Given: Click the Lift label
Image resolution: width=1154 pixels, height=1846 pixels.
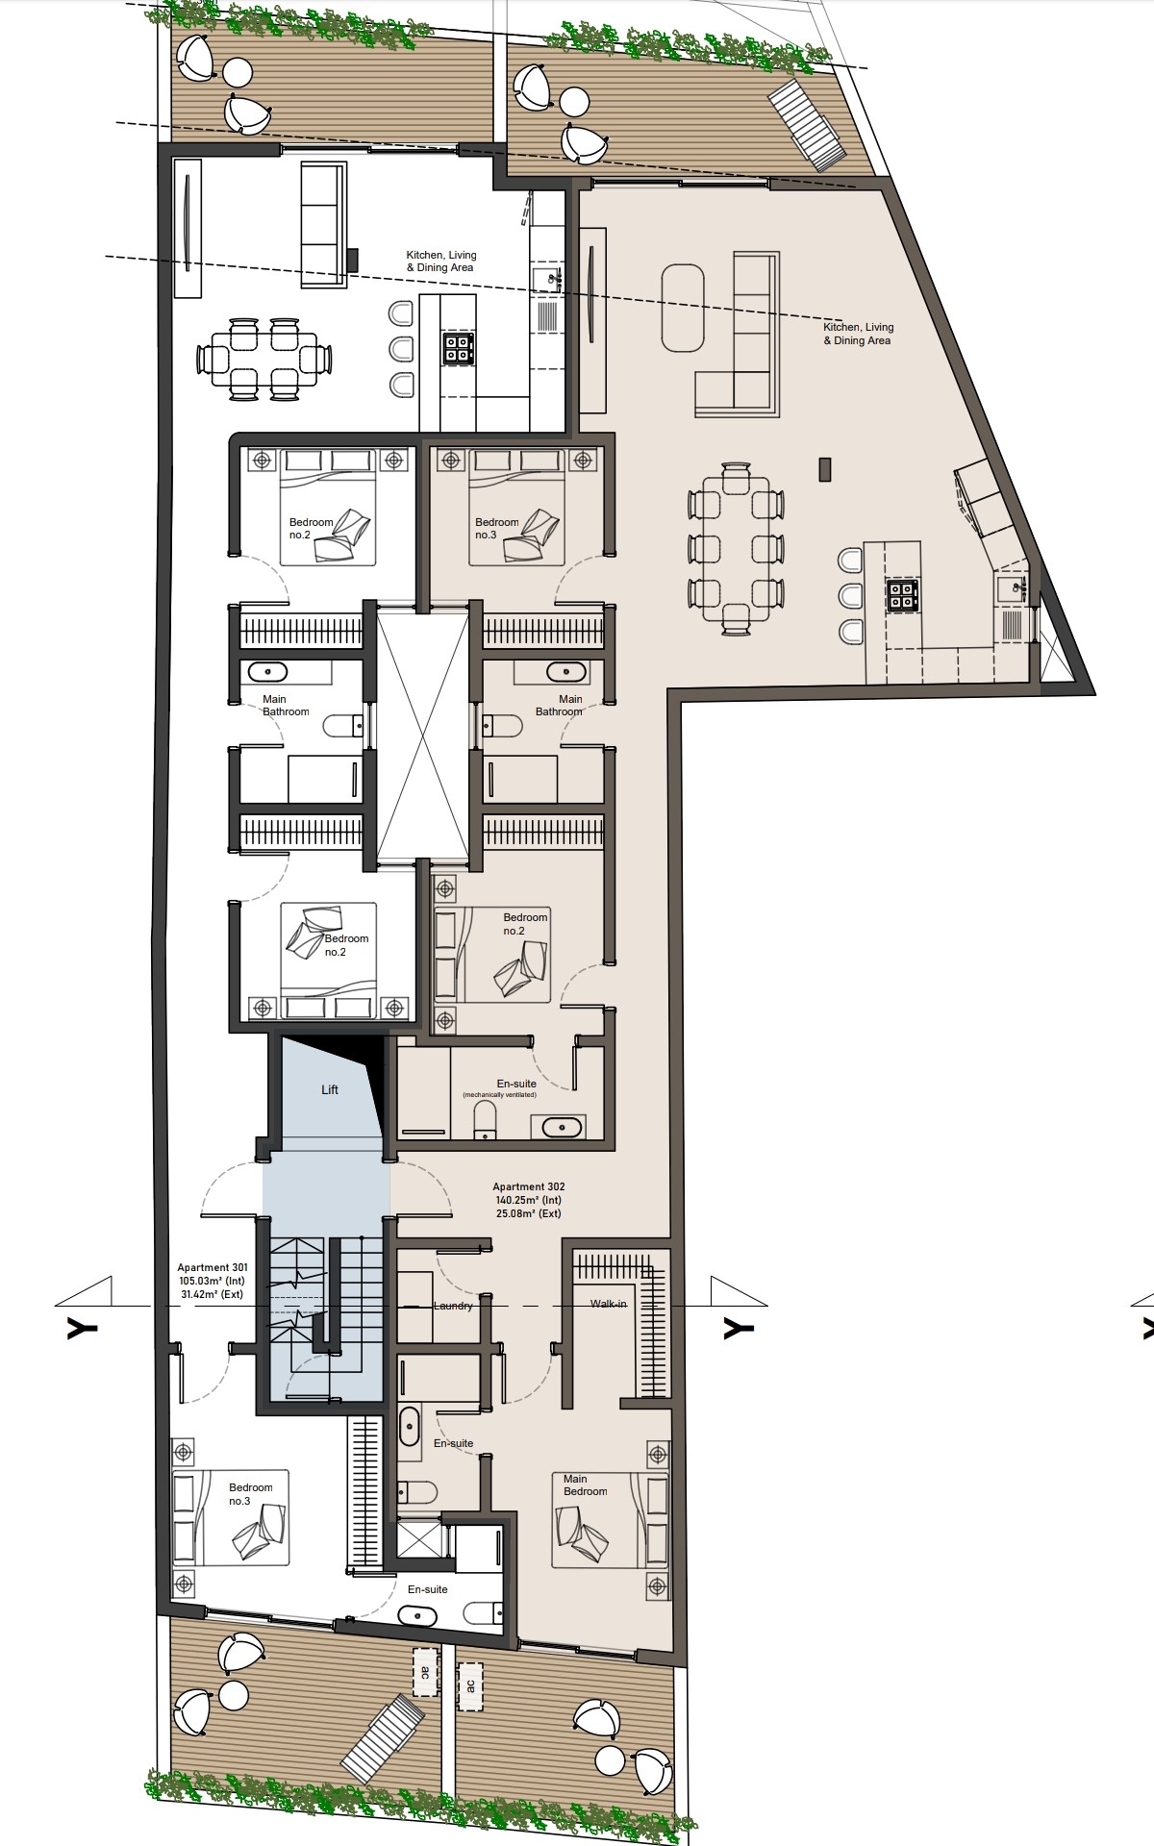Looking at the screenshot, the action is click(330, 1089).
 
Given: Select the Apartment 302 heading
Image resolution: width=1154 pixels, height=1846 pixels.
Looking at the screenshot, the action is click(527, 1186).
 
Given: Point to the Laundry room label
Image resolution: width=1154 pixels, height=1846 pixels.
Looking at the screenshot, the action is click(453, 1306).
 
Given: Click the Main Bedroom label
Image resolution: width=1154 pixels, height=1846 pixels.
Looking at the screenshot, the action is click(585, 1485).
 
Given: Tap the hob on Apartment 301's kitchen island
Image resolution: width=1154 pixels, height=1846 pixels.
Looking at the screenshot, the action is click(457, 347).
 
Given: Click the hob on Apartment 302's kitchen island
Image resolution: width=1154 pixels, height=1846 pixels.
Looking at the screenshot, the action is click(903, 596).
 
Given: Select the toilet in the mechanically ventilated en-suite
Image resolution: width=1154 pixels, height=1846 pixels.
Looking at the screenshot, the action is click(486, 1118).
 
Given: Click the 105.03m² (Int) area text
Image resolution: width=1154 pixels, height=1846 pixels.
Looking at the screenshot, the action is click(211, 1281).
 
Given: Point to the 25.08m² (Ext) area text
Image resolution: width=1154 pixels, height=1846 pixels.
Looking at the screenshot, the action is click(527, 1213).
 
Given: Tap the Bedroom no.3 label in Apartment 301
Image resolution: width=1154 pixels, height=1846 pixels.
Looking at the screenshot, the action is click(251, 1494).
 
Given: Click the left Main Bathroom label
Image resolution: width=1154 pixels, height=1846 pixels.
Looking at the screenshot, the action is click(286, 705).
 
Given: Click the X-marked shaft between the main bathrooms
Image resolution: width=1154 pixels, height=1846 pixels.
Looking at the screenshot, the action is click(421, 736).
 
